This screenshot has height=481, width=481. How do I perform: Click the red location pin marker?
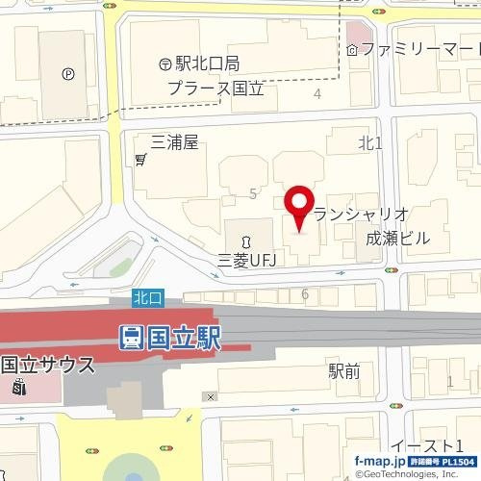[299, 205]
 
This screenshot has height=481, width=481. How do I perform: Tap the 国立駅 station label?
[184, 338]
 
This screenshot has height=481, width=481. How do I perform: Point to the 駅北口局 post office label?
[207, 64]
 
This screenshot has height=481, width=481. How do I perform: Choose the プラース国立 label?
[215, 89]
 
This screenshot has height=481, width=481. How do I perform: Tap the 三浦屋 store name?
[174, 142]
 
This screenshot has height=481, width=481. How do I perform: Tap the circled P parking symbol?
[68, 73]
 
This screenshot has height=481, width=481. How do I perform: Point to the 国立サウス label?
[48, 365]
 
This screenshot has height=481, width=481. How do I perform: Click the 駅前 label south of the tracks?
[343, 368]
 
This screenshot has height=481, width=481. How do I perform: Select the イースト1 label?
[430, 445]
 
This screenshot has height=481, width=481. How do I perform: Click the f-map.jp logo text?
[379, 462]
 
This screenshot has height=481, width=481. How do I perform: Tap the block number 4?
[317, 93]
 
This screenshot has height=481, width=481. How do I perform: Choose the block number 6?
[304, 293]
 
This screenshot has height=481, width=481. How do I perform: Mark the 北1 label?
[370, 143]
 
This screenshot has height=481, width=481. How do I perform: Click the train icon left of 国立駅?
[131, 338]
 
